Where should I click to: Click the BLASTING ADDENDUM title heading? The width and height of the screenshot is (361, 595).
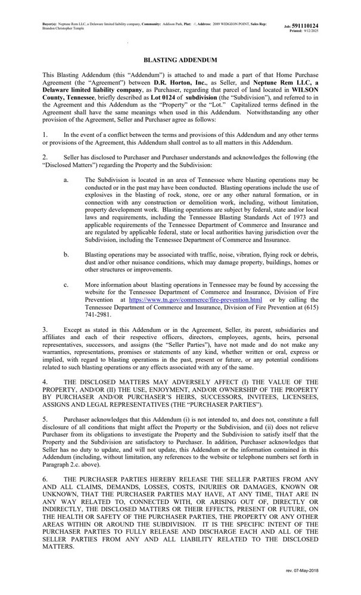point(180,61)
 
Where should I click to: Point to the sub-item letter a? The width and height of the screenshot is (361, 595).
point(66,179)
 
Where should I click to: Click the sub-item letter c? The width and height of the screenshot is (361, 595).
point(66,286)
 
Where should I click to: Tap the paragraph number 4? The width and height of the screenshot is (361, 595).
point(45,378)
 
